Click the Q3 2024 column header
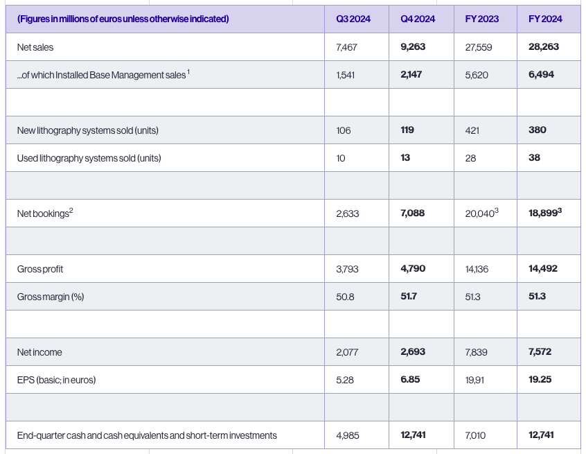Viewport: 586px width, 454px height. (x=353, y=19)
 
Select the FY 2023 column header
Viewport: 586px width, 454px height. (x=482, y=19)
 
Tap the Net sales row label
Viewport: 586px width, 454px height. (x=35, y=47)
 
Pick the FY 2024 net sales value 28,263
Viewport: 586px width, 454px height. (x=544, y=47)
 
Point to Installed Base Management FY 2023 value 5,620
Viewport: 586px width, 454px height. (x=477, y=75)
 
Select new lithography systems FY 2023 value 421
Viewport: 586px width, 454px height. (x=472, y=130)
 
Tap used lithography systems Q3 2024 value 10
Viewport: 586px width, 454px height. (x=341, y=158)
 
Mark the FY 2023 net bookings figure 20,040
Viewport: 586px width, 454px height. (x=481, y=213)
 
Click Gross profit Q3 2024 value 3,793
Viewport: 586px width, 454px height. (x=348, y=269)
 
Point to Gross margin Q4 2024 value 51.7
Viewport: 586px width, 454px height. (x=409, y=297)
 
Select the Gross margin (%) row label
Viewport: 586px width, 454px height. (x=51, y=297)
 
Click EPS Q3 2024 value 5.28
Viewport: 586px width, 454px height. (x=346, y=380)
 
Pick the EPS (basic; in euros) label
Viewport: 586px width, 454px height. (x=56, y=380)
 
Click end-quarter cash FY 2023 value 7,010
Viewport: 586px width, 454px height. (x=477, y=435)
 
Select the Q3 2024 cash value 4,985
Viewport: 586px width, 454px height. (x=348, y=435)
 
